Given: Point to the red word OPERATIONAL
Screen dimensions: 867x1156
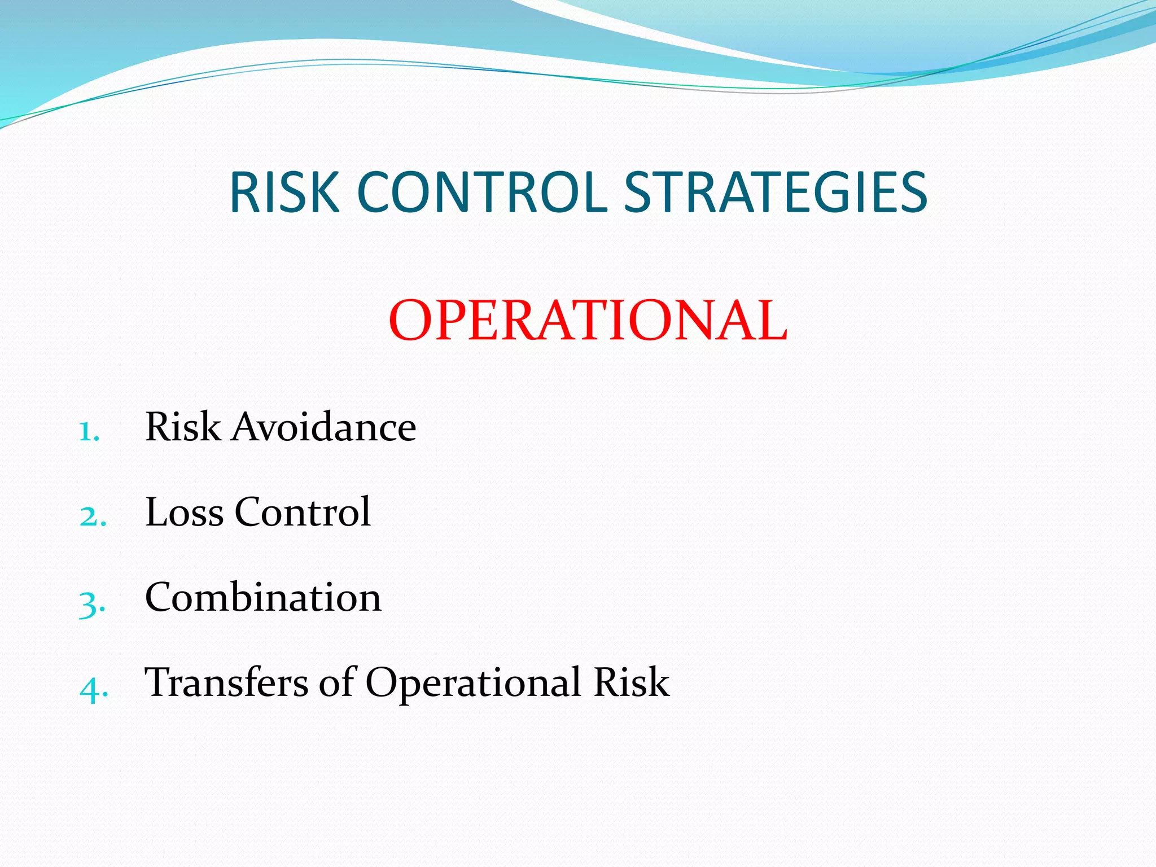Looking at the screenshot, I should coord(588,321).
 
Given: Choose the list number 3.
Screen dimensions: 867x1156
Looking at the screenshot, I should coord(92,604).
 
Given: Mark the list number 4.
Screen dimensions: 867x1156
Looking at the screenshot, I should coord(93,689).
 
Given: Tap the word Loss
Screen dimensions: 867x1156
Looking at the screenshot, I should coord(185,512).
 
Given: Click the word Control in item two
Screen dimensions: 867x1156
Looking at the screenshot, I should coord(303,512).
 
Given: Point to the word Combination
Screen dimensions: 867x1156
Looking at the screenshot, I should coord(263,597).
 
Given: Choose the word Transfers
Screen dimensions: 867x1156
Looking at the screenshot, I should coord(226,682).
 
